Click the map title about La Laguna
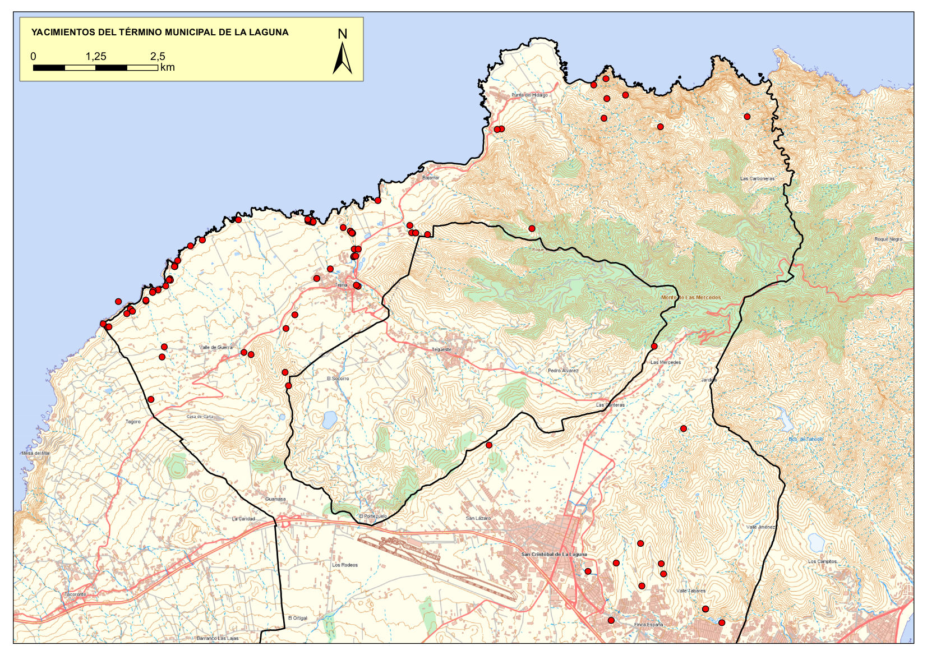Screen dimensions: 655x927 [x=160, y=33]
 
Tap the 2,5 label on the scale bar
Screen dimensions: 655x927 [x=158, y=56]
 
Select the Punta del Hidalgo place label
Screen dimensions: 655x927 [x=529, y=95]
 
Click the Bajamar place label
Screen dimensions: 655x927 [x=431, y=178]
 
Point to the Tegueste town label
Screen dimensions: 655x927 [x=441, y=349]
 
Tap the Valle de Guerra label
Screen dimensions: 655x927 [x=216, y=348]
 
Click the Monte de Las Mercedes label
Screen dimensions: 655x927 [x=691, y=298]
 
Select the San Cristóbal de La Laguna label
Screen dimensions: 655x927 [x=554, y=554]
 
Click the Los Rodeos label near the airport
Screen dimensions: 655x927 [x=344, y=565]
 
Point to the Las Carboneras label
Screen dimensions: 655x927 [x=757, y=179]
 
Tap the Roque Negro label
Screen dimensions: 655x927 [x=888, y=239]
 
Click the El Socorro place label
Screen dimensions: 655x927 [x=338, y=379]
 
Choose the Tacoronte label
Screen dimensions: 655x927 [x=75, y=594]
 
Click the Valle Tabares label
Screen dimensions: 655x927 [x=691, y=591]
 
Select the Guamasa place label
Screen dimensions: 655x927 [x=275, y=499]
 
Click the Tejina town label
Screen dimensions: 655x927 [x=341, y=285]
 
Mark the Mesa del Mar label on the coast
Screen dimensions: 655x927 [x=35, y=453]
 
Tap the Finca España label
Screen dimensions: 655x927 [x=648, y=625]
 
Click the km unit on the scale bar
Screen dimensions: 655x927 [x=167, y=68]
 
